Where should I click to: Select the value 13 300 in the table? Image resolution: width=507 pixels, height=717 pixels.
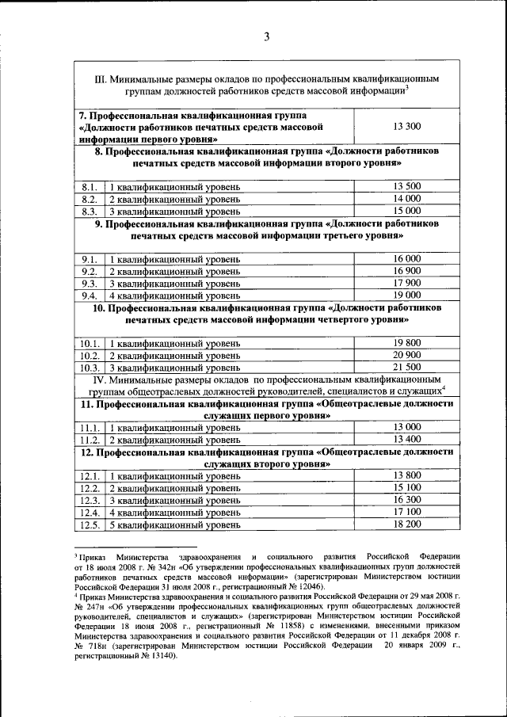click(406, 126)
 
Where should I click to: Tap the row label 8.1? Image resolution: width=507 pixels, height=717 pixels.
click(90, 186)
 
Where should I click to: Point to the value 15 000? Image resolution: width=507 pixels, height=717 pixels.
click(406, 211)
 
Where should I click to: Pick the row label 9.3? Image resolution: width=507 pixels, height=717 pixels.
click(90, 284)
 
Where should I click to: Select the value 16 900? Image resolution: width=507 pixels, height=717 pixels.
click(406, 271)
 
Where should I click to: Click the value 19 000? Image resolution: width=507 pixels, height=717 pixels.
click(406, 296)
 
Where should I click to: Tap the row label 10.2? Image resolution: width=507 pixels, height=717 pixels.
click(90, 356)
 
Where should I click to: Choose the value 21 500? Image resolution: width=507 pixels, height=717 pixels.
click(406, 368)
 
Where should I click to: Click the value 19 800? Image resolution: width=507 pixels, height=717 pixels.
click(406, 343)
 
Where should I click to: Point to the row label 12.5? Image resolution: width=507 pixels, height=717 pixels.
click(90, 524)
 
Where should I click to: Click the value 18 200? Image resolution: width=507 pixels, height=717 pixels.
click(406, 524)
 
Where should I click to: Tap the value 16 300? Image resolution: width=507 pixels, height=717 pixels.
click(406, 500)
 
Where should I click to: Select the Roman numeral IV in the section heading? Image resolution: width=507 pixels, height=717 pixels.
click(99, 380)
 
